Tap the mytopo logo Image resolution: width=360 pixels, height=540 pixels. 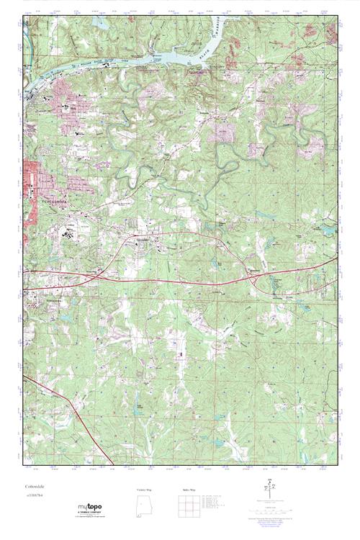point(90,507)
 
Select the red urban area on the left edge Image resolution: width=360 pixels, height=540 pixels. point(32,176)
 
